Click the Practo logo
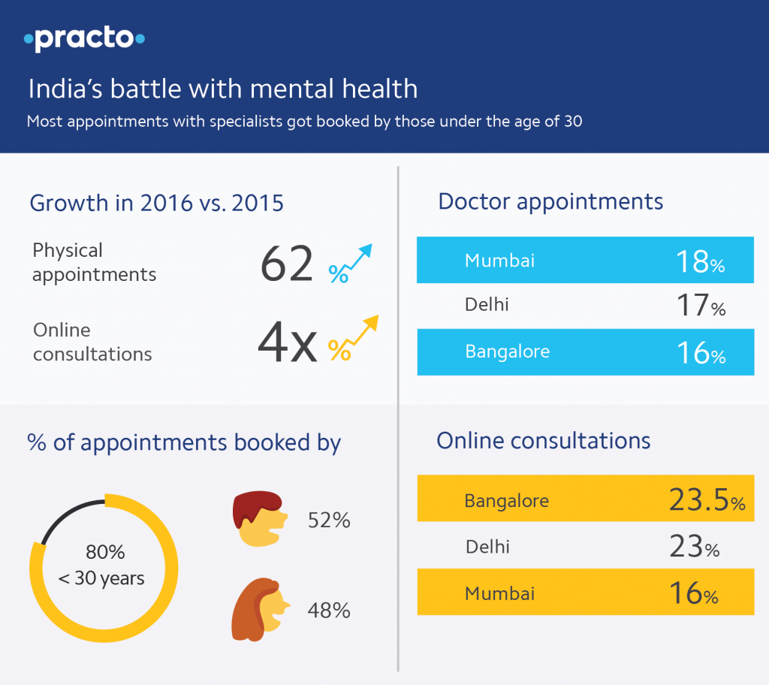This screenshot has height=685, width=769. (x=84, y=38)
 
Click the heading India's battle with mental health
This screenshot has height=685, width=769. (x=222, y=89)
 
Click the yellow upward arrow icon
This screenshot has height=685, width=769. (x=353, y=339)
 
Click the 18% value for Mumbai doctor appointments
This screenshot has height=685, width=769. (x=698, y=261)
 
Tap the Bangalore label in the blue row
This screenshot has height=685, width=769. (x=507, y=352)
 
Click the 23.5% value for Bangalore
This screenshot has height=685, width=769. (x=706, y=499)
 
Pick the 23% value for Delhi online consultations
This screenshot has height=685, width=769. (x=694, y=547)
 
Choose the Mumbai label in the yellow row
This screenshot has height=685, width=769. (x=499, y=593)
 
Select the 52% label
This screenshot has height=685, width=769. (x=329, y=521)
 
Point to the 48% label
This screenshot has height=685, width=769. (x=329, y=611)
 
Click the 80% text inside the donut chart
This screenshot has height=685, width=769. (x=104, y=553)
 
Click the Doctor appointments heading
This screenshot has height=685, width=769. (x=550, y=201)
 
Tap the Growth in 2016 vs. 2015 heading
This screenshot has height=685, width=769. (x=156, y=203)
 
